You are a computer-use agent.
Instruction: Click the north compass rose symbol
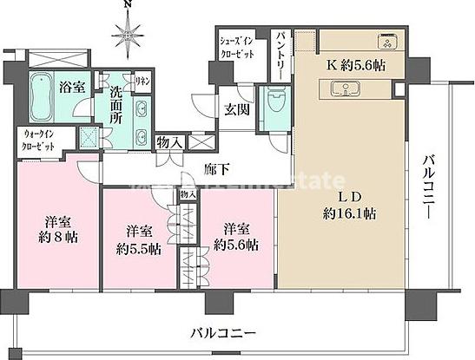128,36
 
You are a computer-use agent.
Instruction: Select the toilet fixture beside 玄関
277,107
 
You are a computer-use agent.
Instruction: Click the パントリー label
282,52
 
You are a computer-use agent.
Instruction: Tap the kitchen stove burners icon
386,41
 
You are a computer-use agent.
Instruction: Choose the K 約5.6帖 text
357,66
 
